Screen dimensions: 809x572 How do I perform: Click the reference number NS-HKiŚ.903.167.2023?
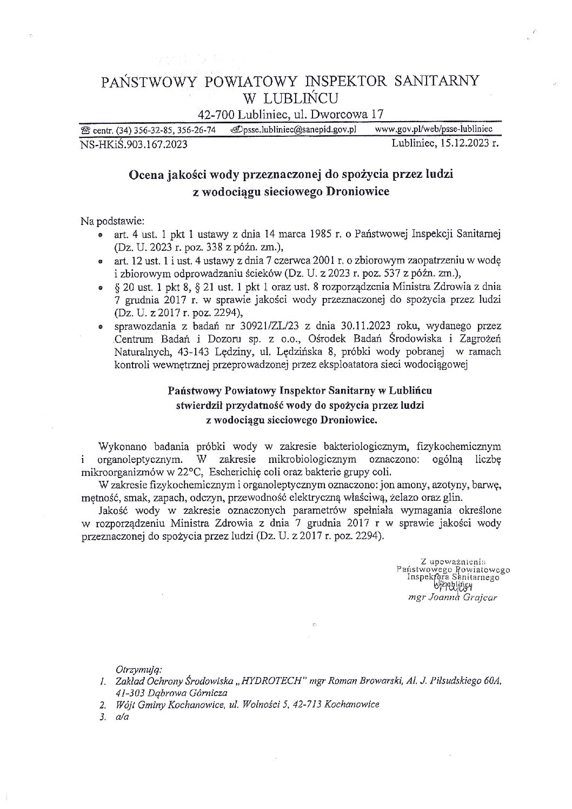point(134,144)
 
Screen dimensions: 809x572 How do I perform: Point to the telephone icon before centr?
point(85,130)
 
